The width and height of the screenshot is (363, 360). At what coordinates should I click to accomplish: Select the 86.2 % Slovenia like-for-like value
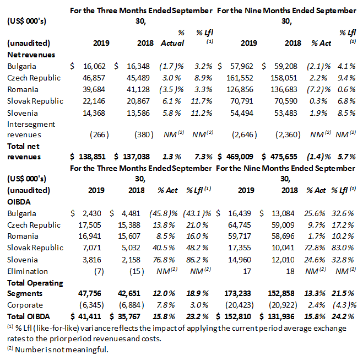coord(202,259)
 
